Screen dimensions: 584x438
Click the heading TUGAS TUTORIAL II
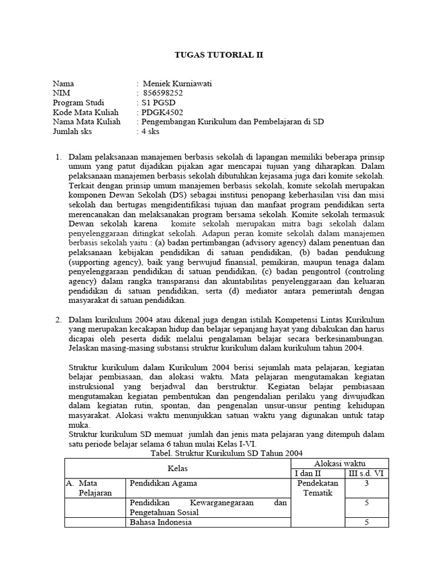coord(219,55)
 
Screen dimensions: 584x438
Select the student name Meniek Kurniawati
coord(177,83)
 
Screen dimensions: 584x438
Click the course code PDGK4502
coord(163,112)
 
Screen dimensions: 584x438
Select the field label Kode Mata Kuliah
coord(86,112)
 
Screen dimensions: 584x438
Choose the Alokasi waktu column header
coord(340,463)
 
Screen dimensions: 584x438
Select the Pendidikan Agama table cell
coord(164,483)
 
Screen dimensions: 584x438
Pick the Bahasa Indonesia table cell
coord(161,522)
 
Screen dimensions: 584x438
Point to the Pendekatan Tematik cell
coord(318,488)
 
